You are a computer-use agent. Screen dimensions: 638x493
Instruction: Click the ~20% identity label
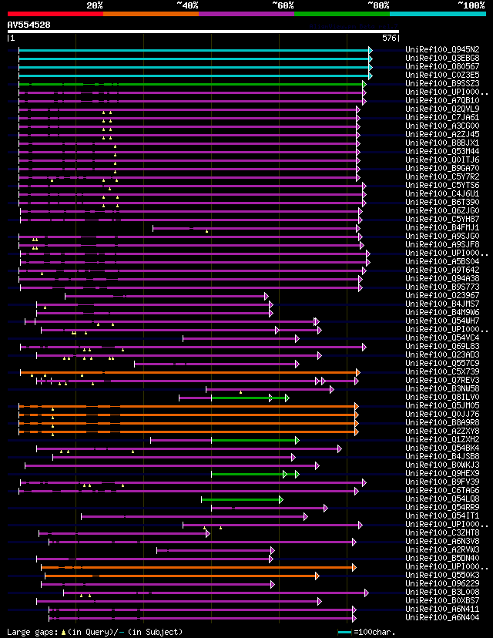coord(94,5)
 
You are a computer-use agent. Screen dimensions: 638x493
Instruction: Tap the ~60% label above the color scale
coord(283,5)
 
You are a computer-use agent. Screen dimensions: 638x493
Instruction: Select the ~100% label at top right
coord(471,5)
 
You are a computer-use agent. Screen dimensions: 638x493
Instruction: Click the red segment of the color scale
coord(55,14)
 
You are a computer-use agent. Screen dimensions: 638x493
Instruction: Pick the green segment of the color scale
coord(341,14)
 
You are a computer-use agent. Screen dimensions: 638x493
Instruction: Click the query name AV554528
coord(29,25)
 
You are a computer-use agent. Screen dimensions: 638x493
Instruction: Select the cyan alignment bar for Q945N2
coord(193,50)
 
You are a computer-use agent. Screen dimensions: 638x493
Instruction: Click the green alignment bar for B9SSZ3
coord(193,84)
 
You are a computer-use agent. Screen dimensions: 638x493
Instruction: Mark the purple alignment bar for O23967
coord(166,296)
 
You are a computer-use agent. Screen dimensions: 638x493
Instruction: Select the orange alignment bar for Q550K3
coord(181,576)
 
